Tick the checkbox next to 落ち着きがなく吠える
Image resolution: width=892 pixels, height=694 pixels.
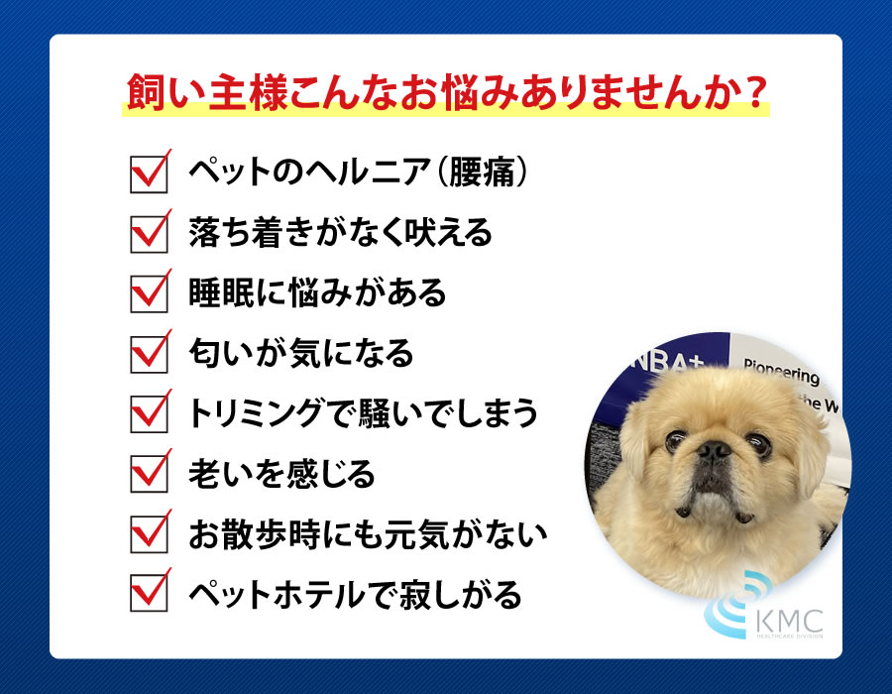click(147, 236)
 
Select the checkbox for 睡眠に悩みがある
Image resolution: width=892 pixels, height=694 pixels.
click(147, 295)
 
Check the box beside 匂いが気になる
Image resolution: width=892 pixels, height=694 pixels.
click(147, 355)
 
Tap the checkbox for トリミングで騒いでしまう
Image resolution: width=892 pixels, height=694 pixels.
click(147, 414)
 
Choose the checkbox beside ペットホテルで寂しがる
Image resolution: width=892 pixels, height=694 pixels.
click(147, 596)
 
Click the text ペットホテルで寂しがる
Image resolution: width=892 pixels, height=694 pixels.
click(353, 596)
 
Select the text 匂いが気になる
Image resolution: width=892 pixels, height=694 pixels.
click(299, 354)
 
